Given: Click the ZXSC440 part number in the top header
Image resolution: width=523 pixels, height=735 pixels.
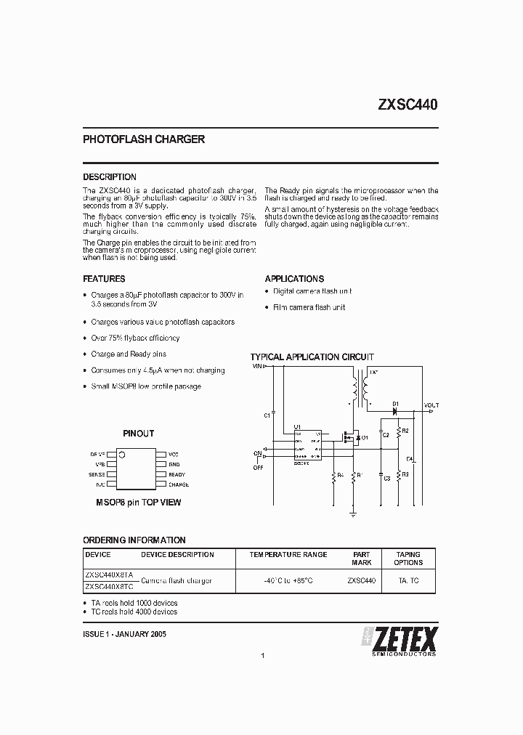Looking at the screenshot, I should pos(407,105).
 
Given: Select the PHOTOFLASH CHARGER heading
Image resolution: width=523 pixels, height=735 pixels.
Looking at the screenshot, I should pos(144,139).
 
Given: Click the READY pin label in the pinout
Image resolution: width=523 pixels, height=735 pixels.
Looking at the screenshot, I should pos(177,474).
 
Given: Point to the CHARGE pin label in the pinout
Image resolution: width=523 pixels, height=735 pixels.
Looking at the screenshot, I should pos(179,484).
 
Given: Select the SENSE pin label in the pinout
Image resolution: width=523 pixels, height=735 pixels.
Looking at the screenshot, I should pos(97,474).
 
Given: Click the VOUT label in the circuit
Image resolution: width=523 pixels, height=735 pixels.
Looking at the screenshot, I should pos(431,405).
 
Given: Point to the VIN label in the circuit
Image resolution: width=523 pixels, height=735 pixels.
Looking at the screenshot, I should pos(257,366).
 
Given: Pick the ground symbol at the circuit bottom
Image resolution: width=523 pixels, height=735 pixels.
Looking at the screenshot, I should pos(353,512).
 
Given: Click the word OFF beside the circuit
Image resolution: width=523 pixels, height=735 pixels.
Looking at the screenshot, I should pos(257,467).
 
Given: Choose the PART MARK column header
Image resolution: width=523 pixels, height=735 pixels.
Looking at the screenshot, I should pos(361,559).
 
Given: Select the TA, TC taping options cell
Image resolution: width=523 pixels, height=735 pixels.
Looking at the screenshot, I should pos(408,580).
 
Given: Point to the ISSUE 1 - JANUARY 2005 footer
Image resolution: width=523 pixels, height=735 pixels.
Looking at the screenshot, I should pos(125,634).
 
